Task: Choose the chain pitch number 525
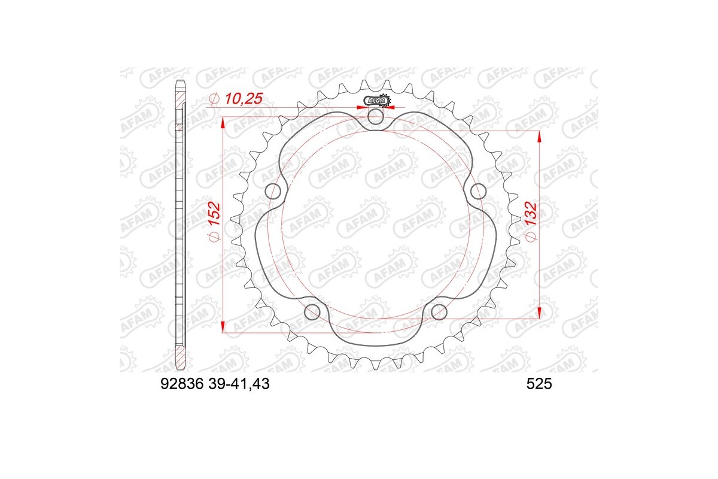pos(538,386)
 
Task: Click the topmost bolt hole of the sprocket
pos(376,116)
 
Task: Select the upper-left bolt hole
pos(273,192)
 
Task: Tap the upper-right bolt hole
pos(478,191)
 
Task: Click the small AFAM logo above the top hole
pos(376,101)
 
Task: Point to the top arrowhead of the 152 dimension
pos(223,122)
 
